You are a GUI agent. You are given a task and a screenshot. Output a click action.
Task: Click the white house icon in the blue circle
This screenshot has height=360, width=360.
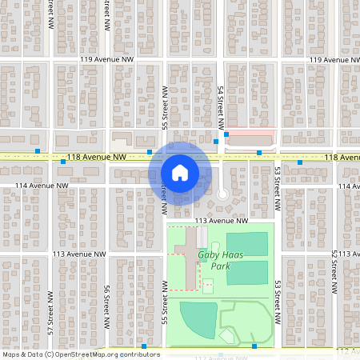click(180, 172)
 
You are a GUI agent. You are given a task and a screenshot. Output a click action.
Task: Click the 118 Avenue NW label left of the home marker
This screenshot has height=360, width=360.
click(98, 158)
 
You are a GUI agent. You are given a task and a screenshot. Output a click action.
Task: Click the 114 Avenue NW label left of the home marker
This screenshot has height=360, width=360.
click(40, 186)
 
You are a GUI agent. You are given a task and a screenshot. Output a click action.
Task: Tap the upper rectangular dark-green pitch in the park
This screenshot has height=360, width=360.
click(246, 243)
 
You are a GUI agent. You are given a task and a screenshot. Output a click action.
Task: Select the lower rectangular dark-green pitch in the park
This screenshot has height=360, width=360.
click(246, 272)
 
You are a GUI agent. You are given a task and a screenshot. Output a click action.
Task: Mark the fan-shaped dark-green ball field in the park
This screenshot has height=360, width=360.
click(198, 317)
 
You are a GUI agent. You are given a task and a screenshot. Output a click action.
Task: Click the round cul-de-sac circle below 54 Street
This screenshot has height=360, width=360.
click(222, 194)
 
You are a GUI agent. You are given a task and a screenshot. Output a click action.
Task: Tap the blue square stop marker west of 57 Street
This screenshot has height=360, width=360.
click(38, 150)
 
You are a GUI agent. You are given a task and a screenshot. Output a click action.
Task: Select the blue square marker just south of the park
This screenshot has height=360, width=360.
click(254, 346)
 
